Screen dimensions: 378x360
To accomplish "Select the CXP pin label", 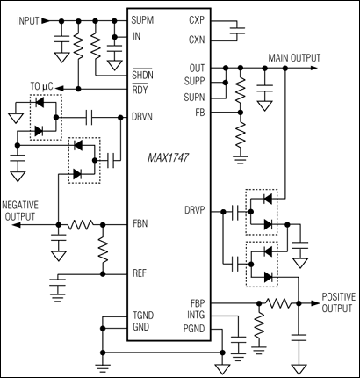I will [198, 18].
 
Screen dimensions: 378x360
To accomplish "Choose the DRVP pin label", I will [197, 211].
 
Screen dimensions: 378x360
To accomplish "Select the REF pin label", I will [140, 273].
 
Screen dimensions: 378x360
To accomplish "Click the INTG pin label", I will [197, 314].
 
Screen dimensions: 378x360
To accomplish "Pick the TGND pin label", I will [144, 314].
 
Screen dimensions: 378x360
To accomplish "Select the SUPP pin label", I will [196, 82].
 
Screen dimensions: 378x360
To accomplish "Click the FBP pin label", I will [198, 302].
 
